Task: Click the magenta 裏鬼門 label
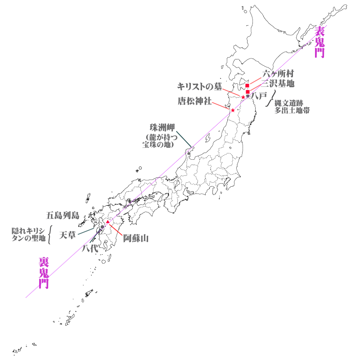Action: click(44, 273)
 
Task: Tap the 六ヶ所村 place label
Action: click(279, 74)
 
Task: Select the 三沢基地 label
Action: click(279, 83)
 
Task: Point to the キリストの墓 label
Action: click(199, 86)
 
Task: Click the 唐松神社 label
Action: click(194, 101)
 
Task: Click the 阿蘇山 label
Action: click(136, 238)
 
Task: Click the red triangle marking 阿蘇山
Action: click(108, 222)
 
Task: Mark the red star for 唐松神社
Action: click(233, 110)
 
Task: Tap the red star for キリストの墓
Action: click(243, 97)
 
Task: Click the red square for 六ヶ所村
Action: click(247, 85)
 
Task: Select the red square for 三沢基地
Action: click(248, 92)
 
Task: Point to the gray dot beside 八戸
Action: click(248, 96)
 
